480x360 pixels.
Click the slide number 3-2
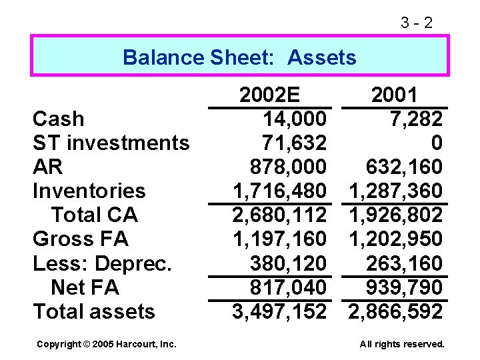(417, 23)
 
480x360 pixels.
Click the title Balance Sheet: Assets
(239, 57)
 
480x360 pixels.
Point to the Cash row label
(59, 119)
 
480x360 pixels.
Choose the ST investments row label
(111, 143)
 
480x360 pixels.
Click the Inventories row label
(89, 191)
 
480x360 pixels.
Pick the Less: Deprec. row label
(102, 263)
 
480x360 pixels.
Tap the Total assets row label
(93, 311)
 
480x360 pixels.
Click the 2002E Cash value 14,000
(295, 119)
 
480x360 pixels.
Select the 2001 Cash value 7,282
(417, 119)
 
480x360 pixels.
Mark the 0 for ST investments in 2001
(436, 143)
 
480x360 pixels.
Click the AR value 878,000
(288, 167)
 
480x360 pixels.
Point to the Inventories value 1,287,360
(395, 191)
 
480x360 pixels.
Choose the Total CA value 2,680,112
(279, 215)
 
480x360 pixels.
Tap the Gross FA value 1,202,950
(395, 239)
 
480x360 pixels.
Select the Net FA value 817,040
(288, 287)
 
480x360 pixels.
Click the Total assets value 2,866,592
(395, 311)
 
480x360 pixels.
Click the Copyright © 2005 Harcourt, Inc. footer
(107, 344)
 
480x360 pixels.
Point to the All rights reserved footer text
(401, 344)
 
